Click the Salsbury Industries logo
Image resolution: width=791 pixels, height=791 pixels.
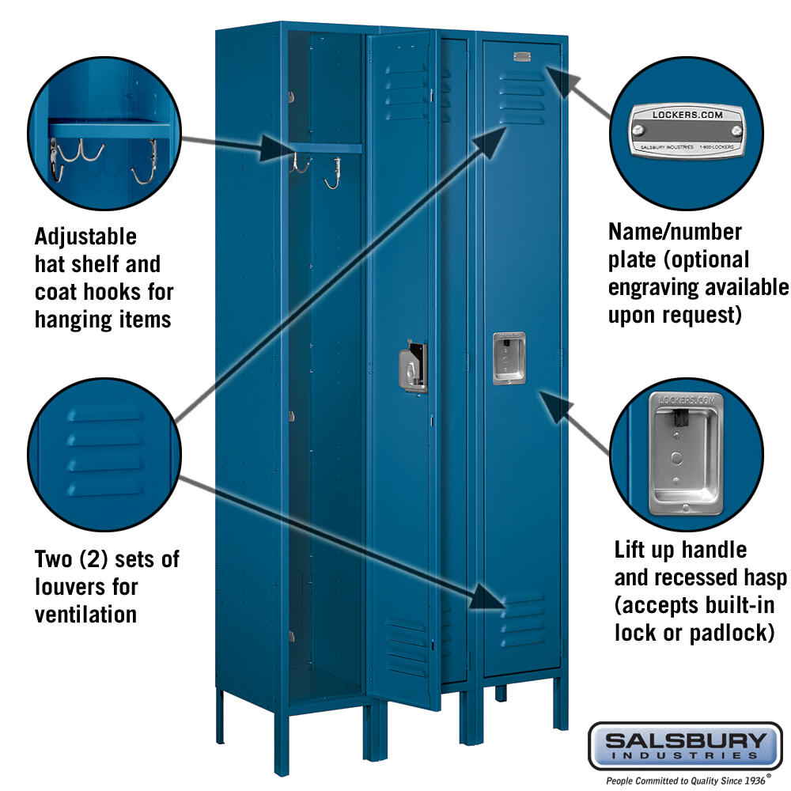click(685, 746)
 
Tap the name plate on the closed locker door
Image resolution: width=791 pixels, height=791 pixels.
click(522, 56)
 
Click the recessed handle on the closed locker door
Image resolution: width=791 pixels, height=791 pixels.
click(509, 358)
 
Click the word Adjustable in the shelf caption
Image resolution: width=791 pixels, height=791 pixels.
click(85, 237)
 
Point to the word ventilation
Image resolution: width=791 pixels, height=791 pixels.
click(85, 615)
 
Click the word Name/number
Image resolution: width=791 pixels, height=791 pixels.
click(675, 232)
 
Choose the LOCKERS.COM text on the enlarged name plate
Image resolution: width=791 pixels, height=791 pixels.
click(687, 115)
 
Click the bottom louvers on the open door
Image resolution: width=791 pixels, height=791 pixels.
click(407, 647)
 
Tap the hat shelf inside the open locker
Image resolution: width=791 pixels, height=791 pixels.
click(325, 148)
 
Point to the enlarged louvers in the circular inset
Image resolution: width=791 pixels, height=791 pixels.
click(105, 452)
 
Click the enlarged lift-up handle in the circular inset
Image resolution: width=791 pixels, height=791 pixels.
click(686, 453)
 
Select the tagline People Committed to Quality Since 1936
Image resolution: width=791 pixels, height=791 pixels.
click(686, 781)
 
